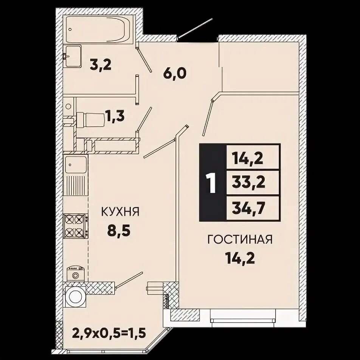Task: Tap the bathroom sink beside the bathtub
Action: click(x=73, y=56)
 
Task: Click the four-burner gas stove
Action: click(x=76, y=226)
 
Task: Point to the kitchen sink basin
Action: click(x=76, y=165)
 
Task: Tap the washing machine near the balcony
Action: click(x=75, y=296)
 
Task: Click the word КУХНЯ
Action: click(x=120, y=212)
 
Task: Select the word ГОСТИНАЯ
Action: click(x=240, y=239)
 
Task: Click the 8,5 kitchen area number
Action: click(x=119, y=231)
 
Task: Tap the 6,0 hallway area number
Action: click(x=174, y=73)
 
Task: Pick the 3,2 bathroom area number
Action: click(x=101, y=65)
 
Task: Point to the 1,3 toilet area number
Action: click(x=115, y=116)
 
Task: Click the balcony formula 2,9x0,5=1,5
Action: click(x=109, y=333)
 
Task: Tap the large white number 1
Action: click(x=211, y=183)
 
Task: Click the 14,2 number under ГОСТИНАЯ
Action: click(x=240, y=258)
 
